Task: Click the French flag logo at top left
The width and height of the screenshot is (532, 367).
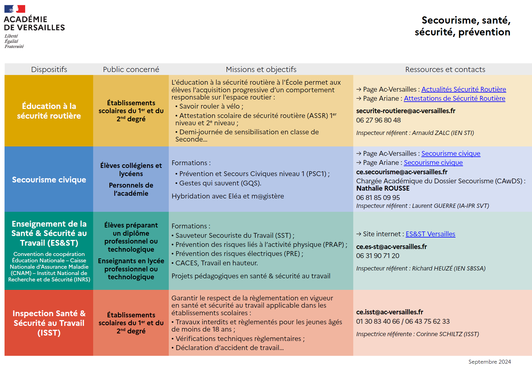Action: coord(15,9)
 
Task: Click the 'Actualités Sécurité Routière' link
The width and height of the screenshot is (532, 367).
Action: coord(463,89)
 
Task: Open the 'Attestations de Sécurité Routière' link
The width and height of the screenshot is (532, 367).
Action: coord(454,98)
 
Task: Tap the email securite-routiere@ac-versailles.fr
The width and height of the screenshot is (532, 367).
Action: coord(405,111)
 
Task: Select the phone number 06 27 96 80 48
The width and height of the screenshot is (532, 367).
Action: coord(378,120)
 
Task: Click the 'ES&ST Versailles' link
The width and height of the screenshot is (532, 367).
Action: coord(430,234)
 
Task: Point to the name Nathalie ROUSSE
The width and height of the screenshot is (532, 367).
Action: coord(383,188)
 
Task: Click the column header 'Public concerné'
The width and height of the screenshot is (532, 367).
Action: coord(131,69)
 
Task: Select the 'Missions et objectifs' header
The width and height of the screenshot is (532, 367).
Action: coord(261,69)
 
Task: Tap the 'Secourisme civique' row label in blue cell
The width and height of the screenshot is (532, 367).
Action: coord(49,180)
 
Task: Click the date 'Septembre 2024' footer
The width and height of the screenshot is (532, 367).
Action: coord(489,362)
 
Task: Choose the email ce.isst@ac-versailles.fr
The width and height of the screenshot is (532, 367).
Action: coord(389,312)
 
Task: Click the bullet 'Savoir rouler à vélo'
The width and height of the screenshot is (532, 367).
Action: coord(211,106)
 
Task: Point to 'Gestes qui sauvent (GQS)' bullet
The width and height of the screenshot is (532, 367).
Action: coord(220,183)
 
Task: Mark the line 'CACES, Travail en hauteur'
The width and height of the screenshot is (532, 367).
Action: coord(216,263)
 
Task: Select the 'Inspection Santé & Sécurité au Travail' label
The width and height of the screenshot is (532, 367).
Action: coord(49,323)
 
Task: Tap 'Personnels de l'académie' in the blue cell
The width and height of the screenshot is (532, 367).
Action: coord(131,189)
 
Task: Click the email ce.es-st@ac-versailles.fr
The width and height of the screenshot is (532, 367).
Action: coord(391,247)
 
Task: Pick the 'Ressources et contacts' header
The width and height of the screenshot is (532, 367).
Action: coord(445,69)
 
